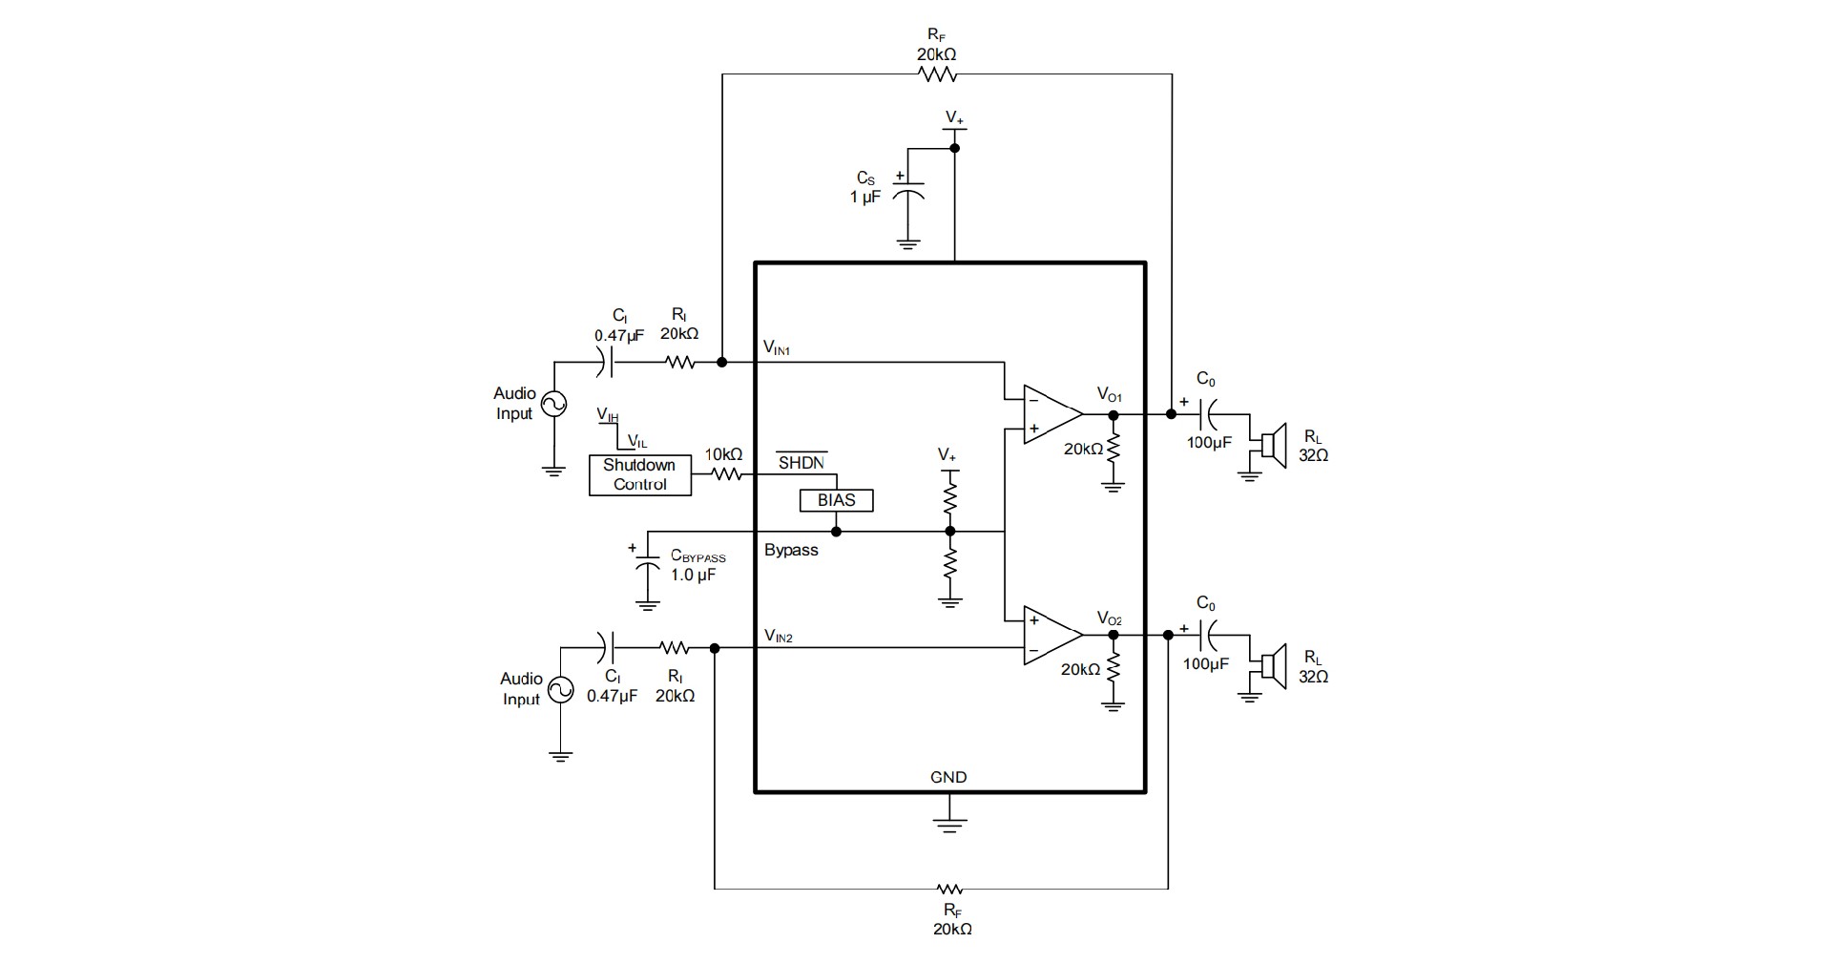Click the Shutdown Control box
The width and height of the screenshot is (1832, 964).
[639, 474]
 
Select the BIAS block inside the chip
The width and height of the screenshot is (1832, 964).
[836, 500]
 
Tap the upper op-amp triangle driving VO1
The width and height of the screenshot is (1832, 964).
[1051, 414]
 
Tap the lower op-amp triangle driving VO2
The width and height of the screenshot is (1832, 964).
[1051, 635]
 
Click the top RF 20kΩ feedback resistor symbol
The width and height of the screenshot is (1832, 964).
[936, 74]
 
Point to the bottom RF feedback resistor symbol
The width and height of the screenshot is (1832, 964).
[950, 889]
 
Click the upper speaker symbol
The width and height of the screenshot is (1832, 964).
[1272, 445]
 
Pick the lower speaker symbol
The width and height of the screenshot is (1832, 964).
[1272, 665]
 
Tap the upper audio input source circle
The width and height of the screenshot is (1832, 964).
[553, 405]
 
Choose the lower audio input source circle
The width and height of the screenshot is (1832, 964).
[560, 690]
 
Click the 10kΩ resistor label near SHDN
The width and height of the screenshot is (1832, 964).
[723, 454]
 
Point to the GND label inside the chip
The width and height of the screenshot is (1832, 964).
[948, 777]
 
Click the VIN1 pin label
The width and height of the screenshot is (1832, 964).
[777, 348]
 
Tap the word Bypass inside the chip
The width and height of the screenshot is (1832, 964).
[791, 550]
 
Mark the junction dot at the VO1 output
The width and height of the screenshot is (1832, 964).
[1113, 414]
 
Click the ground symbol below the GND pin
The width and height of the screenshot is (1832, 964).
[948, 823]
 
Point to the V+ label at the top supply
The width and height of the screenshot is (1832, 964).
[955, 117]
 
